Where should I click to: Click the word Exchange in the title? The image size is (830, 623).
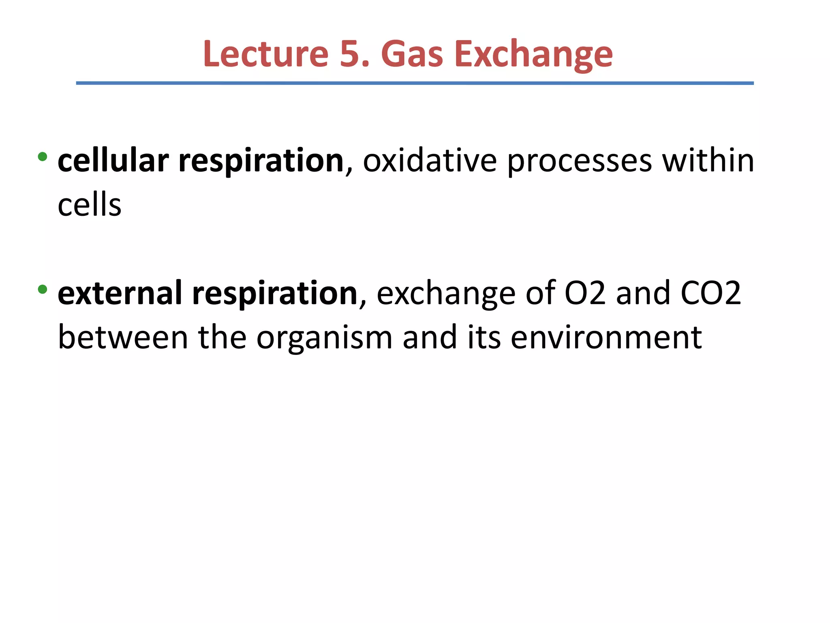coord(533,55)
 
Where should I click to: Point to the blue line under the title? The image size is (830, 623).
coord(415,83)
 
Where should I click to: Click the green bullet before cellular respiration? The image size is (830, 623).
coord(42,157)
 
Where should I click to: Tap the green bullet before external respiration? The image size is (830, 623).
coord(42,289)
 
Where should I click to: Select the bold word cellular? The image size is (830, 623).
coord(113,161)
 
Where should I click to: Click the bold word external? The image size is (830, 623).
coord(120,293)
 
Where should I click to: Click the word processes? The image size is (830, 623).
coord(580,161)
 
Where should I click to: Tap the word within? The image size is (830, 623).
coord(708,161)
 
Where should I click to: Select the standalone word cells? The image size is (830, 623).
coord(90,205)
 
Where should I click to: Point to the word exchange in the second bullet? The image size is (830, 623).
coord(446,293)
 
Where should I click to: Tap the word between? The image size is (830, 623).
coord(123,337)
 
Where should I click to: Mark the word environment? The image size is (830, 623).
coord(606,337)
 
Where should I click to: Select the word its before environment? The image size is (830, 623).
coord(484,337)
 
